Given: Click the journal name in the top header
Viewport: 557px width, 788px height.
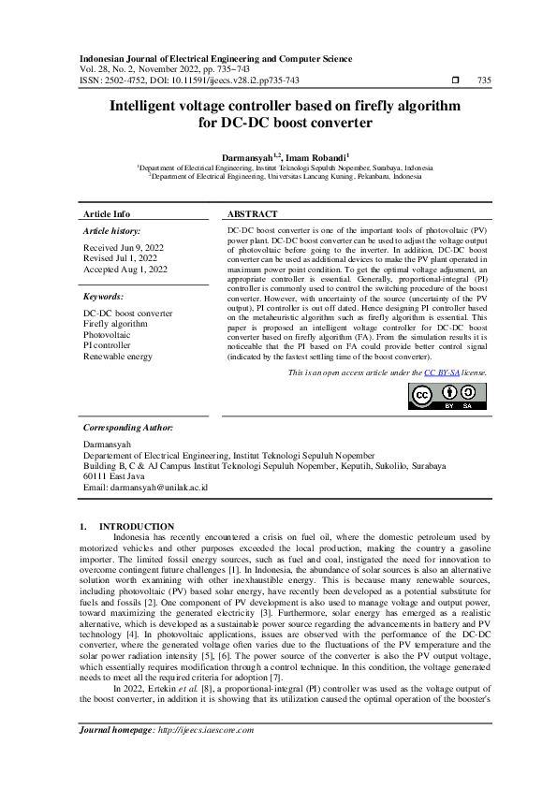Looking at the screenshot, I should pyautogui.click(x=214, y=59).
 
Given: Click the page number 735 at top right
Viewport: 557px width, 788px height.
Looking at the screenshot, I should pyautogui.click(x=484, y=81).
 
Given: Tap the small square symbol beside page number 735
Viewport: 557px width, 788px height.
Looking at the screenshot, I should pyautogui.click(x=454, y=81).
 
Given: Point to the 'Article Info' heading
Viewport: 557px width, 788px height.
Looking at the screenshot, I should pyautogui.click(x=108, y=214).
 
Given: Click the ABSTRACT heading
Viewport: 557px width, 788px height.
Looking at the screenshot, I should pyautogui.click(x=253, y=214).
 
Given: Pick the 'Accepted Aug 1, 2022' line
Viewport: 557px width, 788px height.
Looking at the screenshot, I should pyautogui.click(x=125, y=270).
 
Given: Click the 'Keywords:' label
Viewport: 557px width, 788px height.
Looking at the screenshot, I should pyautogui.click(x=104, y=296).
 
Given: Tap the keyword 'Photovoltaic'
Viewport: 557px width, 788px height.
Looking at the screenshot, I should pyautogui.click(x=108, y=334).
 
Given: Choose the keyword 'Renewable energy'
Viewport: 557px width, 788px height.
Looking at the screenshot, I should pyautogui.click(x=117, y=357).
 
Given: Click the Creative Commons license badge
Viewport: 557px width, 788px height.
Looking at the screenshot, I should pyautogui.click(x=447, y=397).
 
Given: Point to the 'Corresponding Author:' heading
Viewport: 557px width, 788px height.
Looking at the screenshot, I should pyautogui.click(x=128, y=427).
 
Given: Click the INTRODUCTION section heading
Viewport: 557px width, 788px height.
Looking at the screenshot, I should pyautogui.click(x=137, y=527).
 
